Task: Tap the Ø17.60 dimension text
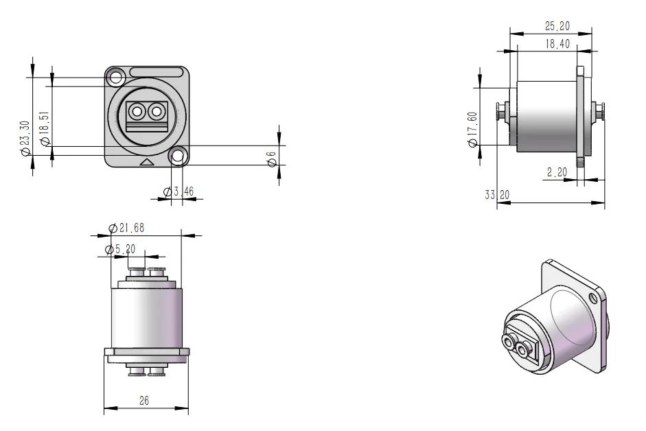[472, 129]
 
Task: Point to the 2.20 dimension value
[557, 173]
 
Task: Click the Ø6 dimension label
[272, 157]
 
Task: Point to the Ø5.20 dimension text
[121, 248]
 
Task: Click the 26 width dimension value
[145, 401]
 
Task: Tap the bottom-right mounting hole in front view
[178, 157]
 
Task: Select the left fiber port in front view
[137, 110]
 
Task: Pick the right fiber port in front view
[157, 110]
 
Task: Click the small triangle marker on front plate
[147, 163]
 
